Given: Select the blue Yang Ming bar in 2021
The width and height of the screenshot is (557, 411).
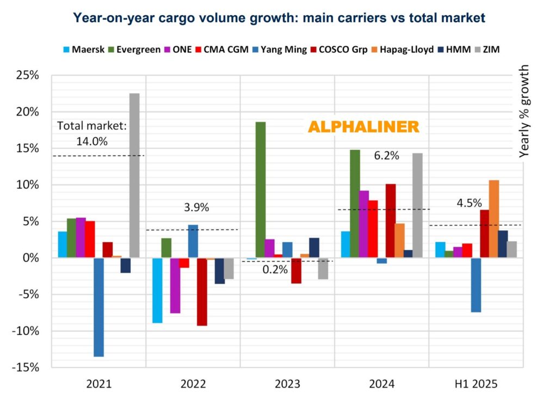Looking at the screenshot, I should [98, 307].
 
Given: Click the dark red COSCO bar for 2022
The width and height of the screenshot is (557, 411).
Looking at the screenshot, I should [202, 292].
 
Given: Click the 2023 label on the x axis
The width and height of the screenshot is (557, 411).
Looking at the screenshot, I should [287, 384].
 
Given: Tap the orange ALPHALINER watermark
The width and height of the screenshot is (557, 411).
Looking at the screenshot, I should [363, 127].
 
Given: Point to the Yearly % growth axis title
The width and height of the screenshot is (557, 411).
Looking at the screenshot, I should [524, 111].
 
